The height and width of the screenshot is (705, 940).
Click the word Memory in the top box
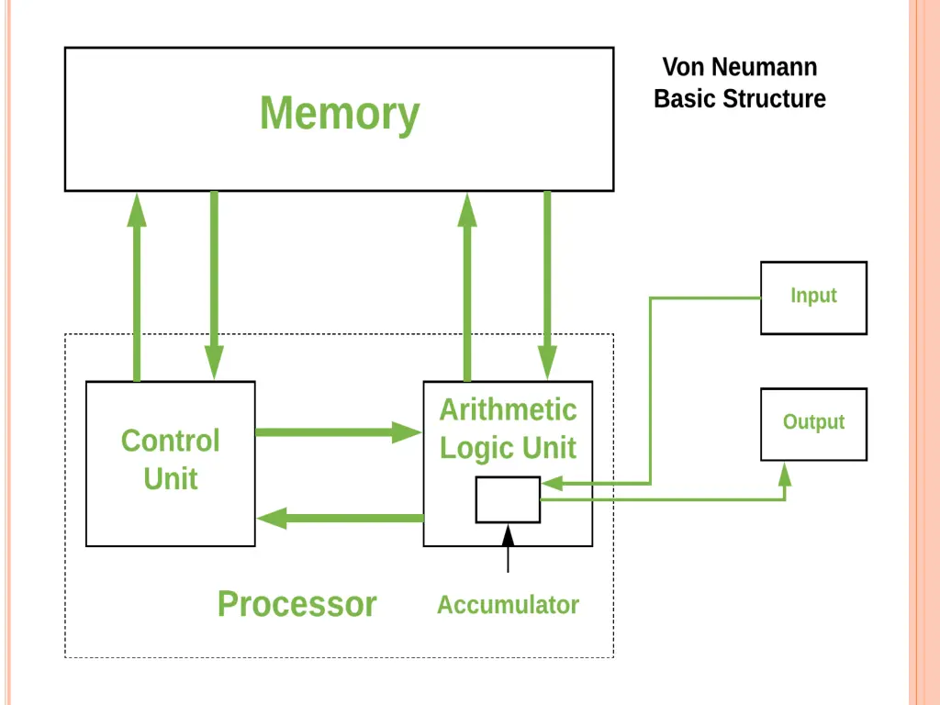[340, 115]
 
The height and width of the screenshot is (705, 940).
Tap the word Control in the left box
[171, 441]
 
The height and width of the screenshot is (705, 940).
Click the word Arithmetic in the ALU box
[508, 409]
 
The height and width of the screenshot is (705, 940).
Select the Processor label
[297, 604]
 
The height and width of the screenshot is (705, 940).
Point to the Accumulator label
[508, 605]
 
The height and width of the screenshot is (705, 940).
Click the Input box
[813, 297]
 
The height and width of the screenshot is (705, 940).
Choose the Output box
[813, 423]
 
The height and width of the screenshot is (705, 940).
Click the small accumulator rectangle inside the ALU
[508, 499]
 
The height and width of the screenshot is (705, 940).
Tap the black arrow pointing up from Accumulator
[508, 547]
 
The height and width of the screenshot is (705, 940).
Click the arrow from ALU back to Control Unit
[340, 519]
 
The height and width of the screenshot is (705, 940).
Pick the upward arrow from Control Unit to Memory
[138, 285]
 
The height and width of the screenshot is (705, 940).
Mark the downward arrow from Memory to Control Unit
[215, 285]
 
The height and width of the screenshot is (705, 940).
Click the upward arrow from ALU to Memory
[467, 285]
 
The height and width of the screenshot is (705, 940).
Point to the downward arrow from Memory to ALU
[548, 285]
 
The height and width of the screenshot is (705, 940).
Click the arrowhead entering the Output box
[785, 473]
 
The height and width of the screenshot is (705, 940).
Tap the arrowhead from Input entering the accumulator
[551, 483]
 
